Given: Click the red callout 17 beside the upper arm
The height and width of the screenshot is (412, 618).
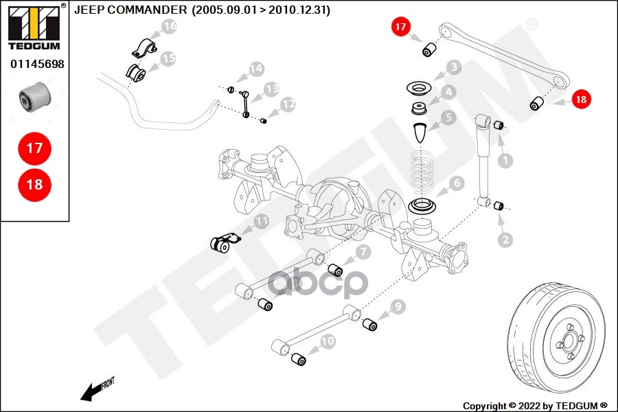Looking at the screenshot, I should (x=400, y=28).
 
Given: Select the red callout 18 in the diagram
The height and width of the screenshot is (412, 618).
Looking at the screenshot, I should (x=581, y=100).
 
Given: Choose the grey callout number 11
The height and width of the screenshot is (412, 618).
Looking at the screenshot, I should (x=261, y=221).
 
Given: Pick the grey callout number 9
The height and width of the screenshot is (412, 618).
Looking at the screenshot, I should (x=399, y=307).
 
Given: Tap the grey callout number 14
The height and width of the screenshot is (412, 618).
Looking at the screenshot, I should (x=256, y=69).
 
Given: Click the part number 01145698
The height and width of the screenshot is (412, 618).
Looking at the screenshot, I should (x=37, y=64).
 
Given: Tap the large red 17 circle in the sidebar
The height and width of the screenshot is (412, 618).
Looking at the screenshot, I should (x=34, y=148).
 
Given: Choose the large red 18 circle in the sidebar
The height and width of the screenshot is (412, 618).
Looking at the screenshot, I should (x=34, y=184).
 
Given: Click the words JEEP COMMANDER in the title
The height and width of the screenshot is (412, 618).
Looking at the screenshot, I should (x=130, y=10).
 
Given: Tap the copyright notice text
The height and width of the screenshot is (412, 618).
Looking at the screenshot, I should (x=535, y=405).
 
